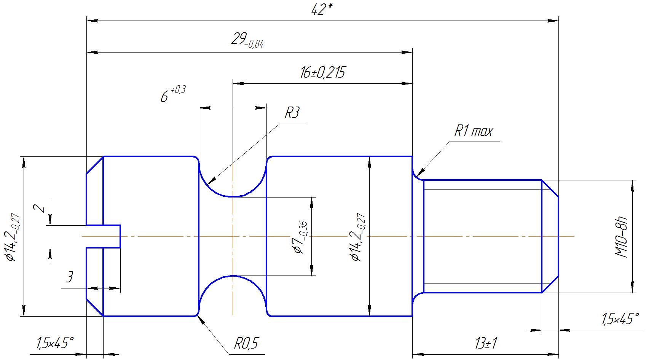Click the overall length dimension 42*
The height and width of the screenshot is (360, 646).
pyautogui.click(x=322, y=10)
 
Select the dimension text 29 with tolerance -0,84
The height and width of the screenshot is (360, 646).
pyautogui.click(x=247, y=40)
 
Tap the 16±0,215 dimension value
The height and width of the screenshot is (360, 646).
pyautogui.click(x=322, y=72)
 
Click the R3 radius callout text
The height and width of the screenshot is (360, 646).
pyautogui.click(x=292, y=112)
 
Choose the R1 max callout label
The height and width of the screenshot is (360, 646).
pyautogui.click(x=474, y=131)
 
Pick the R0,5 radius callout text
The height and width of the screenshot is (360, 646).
pyautogui.click(x=246, y=343)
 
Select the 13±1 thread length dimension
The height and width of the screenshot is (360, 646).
pyautogui.click(x=486, y=343)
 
